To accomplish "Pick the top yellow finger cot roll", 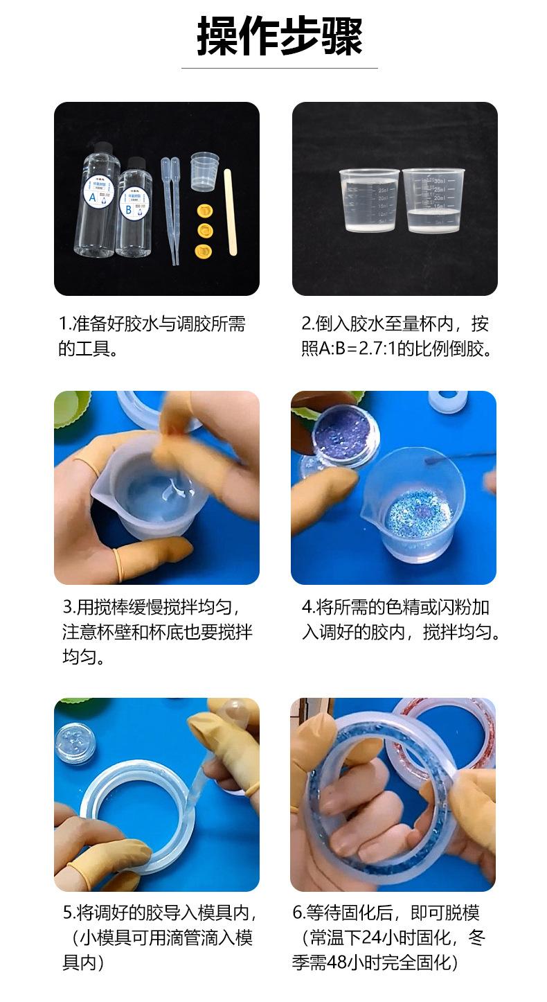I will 204,209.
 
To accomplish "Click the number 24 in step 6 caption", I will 372,939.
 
